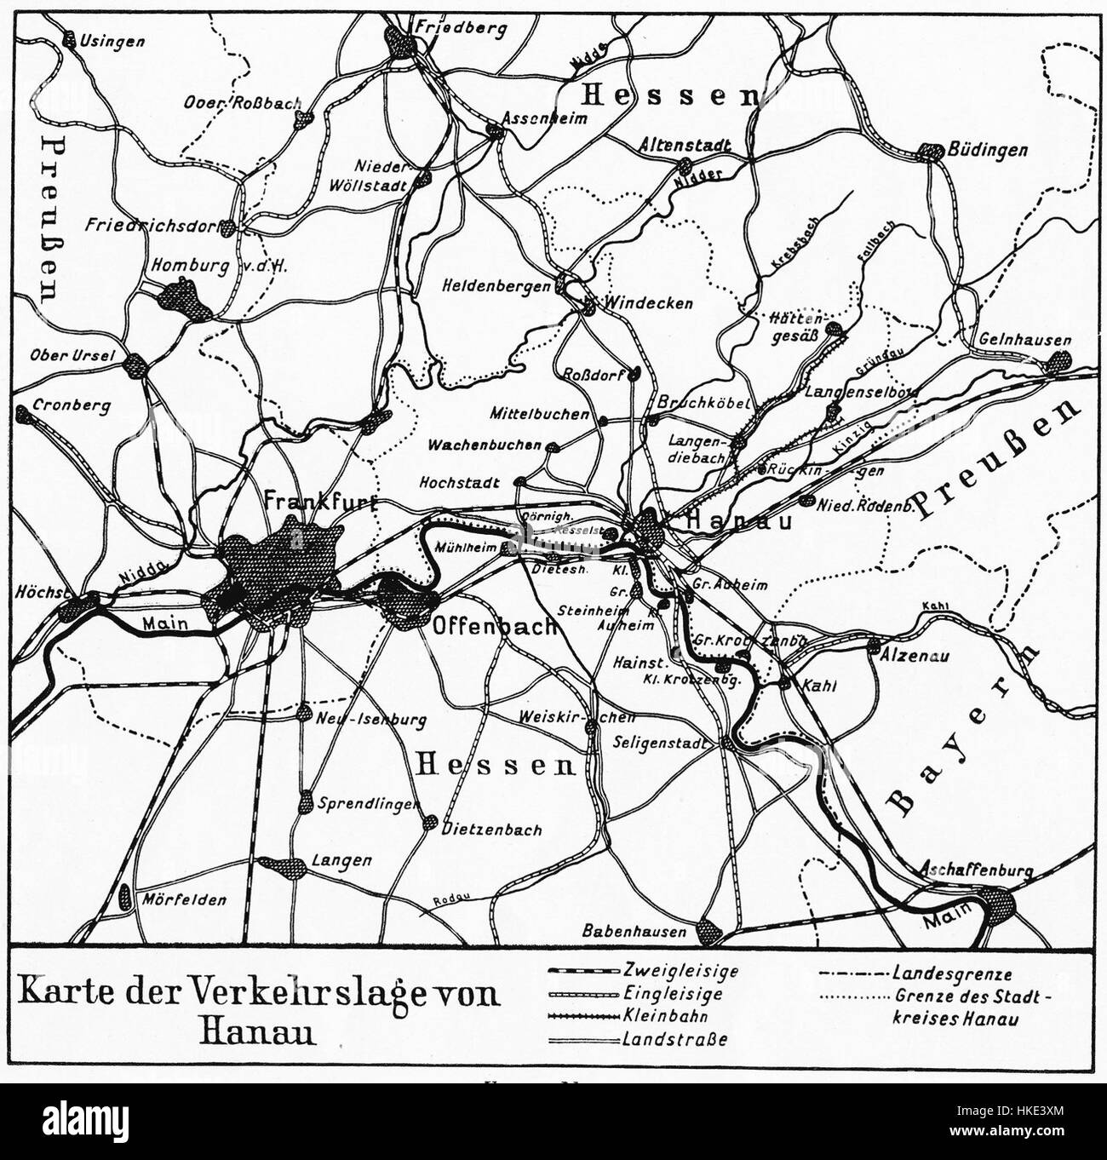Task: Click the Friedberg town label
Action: point(460,27)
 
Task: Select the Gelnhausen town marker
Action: point(1059,361)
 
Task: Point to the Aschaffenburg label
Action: point(976,871)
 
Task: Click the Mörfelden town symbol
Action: point(126,897)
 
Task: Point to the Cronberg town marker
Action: point(28,417)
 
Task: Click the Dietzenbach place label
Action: point(492,830)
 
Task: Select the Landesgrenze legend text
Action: point(952,972)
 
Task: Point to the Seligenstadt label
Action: point(661,742)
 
